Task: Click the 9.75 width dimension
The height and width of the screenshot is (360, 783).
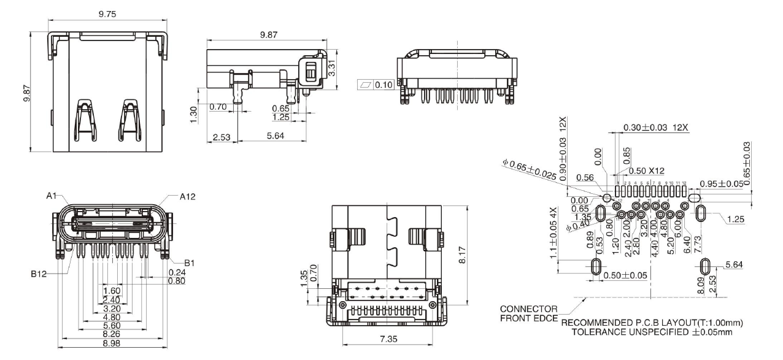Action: click(x=107, y=13)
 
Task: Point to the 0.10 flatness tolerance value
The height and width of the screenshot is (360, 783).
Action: click(x=384, y=84)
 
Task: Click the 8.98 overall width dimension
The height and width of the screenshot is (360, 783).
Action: click(x=111, y=344)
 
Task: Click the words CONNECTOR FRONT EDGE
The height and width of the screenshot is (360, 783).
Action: click(x=529, y=313)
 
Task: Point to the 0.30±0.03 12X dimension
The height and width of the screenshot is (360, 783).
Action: click(x=655, y=128)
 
